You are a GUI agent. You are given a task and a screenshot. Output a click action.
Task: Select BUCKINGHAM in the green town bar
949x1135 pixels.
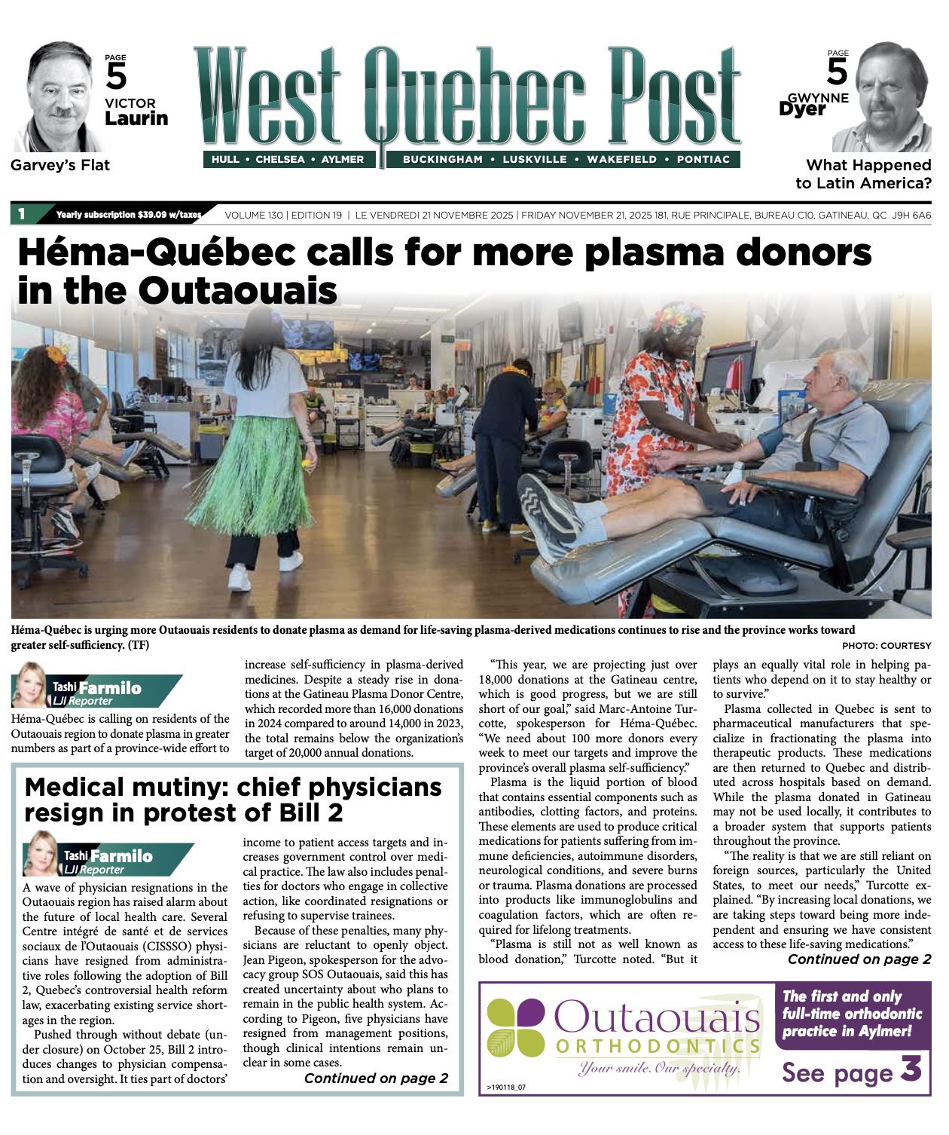(442, 160)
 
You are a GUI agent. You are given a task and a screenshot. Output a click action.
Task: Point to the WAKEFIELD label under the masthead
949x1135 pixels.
(621, 160)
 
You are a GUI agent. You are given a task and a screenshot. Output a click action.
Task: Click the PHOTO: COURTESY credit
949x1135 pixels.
(886, 646)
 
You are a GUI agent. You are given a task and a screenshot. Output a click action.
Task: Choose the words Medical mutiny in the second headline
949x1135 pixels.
(125, 788)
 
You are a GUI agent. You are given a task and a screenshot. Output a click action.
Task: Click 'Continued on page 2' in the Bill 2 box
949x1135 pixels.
(376, 1078)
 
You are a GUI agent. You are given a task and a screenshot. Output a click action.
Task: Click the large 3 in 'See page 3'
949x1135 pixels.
(911, 1069)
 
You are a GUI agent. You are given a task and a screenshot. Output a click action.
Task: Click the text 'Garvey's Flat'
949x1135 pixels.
(60, 165)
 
